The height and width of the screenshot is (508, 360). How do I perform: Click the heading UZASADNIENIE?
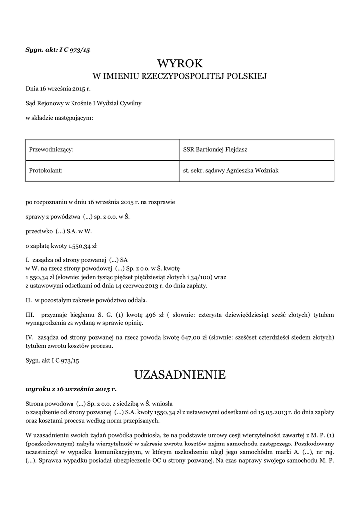(180, 374)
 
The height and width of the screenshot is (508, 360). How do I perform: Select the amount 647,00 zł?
(197, 338)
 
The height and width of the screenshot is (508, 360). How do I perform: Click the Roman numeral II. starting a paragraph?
(29, 300)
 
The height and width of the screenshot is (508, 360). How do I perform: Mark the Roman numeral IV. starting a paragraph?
(29, 338)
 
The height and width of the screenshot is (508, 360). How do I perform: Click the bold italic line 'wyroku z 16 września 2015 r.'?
(71, 389)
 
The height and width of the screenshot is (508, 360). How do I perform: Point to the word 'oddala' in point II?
(137, 300)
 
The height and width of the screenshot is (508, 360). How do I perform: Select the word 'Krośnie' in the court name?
(77, 103)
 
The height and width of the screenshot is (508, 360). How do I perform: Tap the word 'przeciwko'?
(37, 231)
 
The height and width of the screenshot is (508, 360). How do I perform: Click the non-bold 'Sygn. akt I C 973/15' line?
(52, 361)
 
